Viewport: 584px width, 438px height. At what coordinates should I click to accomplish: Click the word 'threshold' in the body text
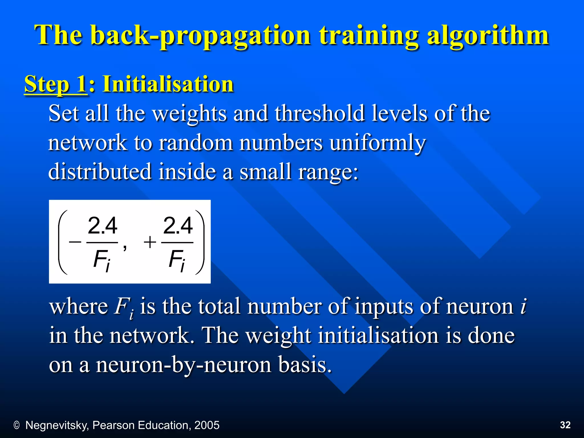(x=320, y=113)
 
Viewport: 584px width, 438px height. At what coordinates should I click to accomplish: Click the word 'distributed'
(x=100, y=171)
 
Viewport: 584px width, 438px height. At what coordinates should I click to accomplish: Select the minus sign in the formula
(x=75, y=242)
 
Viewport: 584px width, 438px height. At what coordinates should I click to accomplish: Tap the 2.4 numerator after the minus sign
(x=102, y=226)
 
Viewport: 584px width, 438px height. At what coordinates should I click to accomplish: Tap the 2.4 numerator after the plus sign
(x=178, y=226)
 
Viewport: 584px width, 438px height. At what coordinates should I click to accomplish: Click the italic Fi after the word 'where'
(x=124, y=307)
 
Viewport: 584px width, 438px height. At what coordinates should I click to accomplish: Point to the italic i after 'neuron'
(x=523, y=307)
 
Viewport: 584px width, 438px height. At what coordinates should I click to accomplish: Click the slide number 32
(x=565, y=425)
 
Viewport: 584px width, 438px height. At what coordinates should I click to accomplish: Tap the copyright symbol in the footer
(x=17, y=425)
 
